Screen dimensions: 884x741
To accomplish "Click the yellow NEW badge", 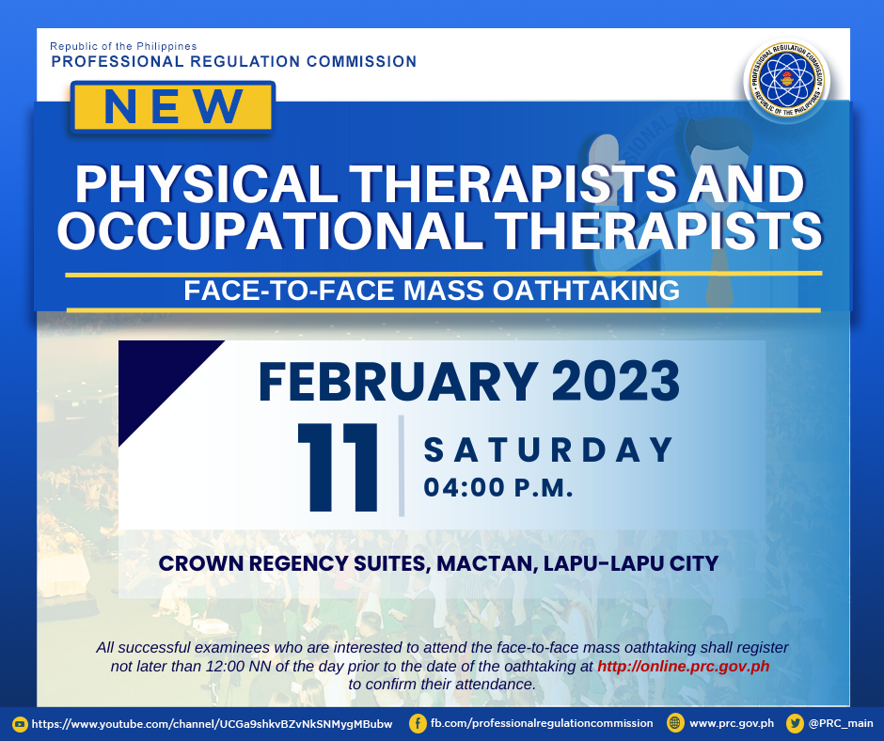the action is click(172, 107).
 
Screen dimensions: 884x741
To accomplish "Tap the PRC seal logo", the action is click(787, 80).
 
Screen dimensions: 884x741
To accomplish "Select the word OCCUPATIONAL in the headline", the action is click(270, 230).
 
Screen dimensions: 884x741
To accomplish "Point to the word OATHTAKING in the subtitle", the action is click(586, 291).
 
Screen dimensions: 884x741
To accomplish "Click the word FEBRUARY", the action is click(398, 381).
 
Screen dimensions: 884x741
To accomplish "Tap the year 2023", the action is click(616, 381).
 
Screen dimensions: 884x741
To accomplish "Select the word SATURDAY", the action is click(548, 449).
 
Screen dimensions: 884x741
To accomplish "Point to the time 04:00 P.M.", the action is click(498, 488).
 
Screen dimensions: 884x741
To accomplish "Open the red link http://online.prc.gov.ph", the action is click(684, 666).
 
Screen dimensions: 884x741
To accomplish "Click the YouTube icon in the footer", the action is click(20, 724).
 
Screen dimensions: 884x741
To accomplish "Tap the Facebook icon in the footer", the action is click(418, 723).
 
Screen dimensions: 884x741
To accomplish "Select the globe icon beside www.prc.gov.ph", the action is click(675, 723).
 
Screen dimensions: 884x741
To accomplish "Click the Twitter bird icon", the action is click(795, 723).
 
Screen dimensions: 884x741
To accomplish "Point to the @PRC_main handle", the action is click(841, 723).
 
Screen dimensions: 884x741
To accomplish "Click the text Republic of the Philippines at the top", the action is click(123, 46).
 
